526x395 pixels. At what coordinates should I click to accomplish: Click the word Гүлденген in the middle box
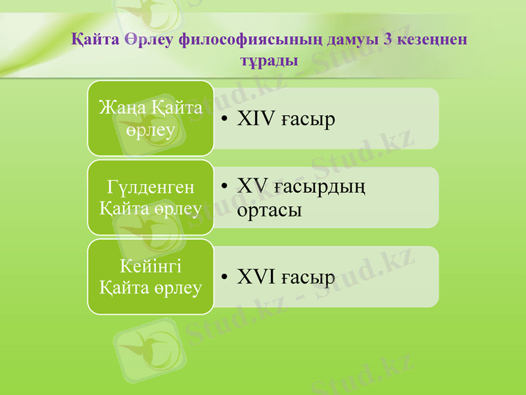[x=151, y=187]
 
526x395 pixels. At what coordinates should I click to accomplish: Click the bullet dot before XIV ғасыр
[x=224, y=120]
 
